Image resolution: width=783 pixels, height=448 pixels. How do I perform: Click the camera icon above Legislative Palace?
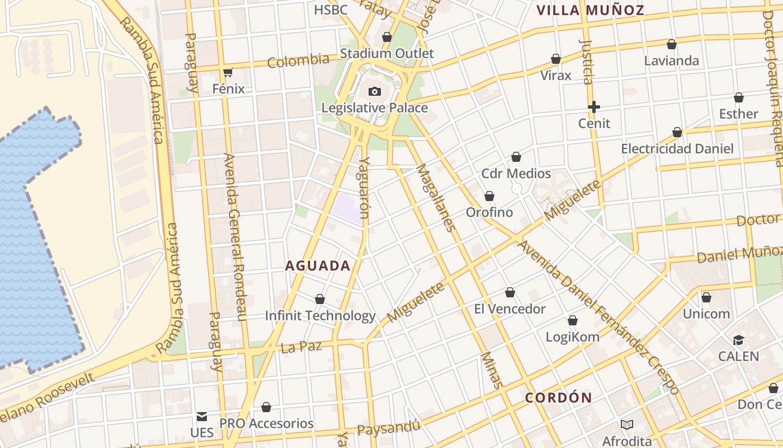pyautogui.click(x=374, y=91)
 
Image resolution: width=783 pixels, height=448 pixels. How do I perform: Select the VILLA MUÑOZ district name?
pyautogui.click(x=590, y=10)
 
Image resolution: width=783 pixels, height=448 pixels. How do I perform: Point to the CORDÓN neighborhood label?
pyautogui.click(x=558, y=398)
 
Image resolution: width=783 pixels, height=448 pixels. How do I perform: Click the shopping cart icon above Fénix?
pyautogui.click(x=228, y=72)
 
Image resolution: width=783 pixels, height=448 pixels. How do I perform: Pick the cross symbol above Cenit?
pyautogui.click(x=594, y=106)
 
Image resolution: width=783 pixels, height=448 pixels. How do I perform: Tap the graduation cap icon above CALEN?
pyautogui.click(x=738, y=340)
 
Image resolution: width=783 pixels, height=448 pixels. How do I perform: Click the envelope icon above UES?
pyautogui.click(x=201, y=417)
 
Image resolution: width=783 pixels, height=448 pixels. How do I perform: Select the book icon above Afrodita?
pyautogui.click(x=626, y=424)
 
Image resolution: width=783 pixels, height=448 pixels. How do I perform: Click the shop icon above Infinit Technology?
pyautogui.click(x=320, y=299)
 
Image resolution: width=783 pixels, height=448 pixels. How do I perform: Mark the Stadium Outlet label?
pyautogui.click(x=386, y=54)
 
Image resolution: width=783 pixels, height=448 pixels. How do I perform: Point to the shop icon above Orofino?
pyautogui.click(x=489, y=196)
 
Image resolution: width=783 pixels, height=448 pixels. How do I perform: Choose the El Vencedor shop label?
pyautogui.click(x=510, y=309)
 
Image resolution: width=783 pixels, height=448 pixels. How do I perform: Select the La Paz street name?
pyautogui.click(x=301, y=347)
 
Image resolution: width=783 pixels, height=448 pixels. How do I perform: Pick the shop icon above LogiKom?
pyautogui.click(x=572, y=320)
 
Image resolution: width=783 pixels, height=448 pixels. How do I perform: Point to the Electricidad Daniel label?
pyautogui.click(x=677, y=149)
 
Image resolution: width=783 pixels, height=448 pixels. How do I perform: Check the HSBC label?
pyautogui.click(x=331, y=10)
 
